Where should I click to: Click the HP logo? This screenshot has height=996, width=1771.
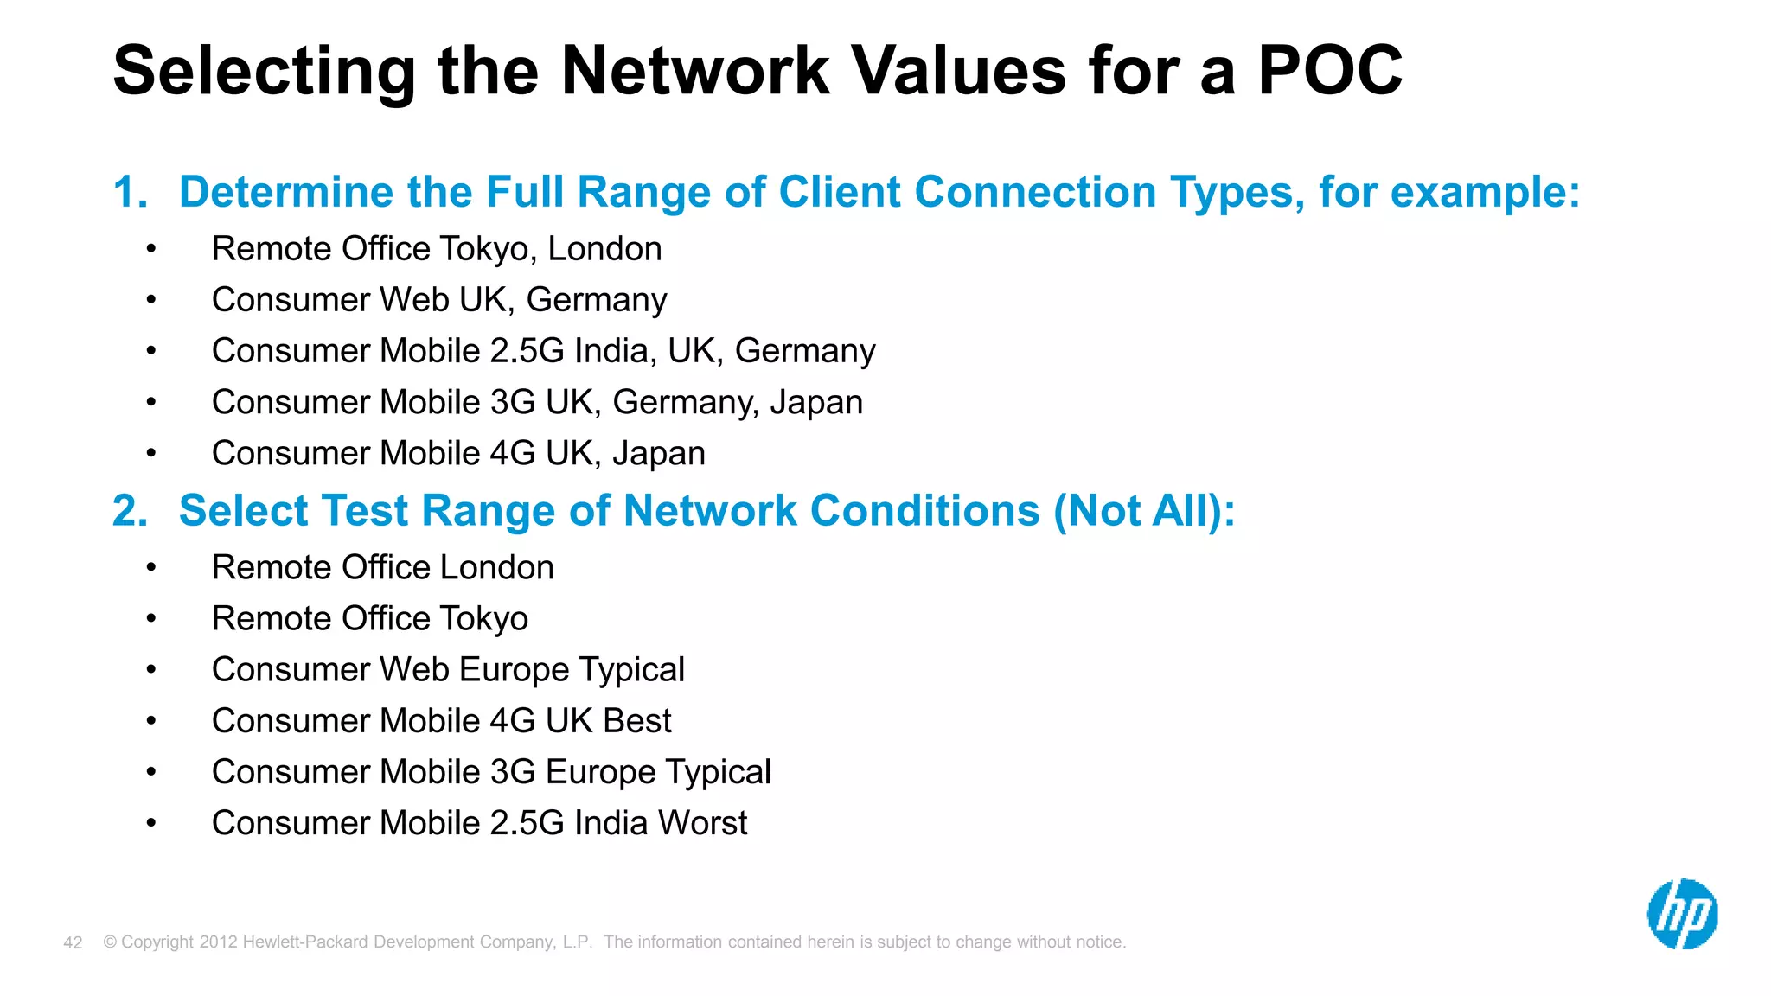[x=1682, y=914]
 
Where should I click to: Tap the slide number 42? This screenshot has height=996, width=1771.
[x=73, y=942]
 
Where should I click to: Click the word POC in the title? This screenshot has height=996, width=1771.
[x=1329, y=70]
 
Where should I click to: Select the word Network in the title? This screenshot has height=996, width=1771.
[x=695, y=70]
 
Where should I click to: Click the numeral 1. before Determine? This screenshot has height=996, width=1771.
[x=130, y=192]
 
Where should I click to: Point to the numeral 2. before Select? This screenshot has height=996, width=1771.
[x=130, y=511]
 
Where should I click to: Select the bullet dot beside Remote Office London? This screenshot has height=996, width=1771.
[x=151, y=568]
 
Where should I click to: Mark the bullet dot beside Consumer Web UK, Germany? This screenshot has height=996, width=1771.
[x=151, y=300]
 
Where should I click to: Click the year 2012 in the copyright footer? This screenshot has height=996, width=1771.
[x=218, y=942]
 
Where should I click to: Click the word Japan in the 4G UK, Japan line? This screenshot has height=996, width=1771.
[x=659, y=454]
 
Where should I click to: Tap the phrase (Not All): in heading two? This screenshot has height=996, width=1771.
[x=1144, y=511]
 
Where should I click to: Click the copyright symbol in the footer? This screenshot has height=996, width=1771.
[x=110, y=942]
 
